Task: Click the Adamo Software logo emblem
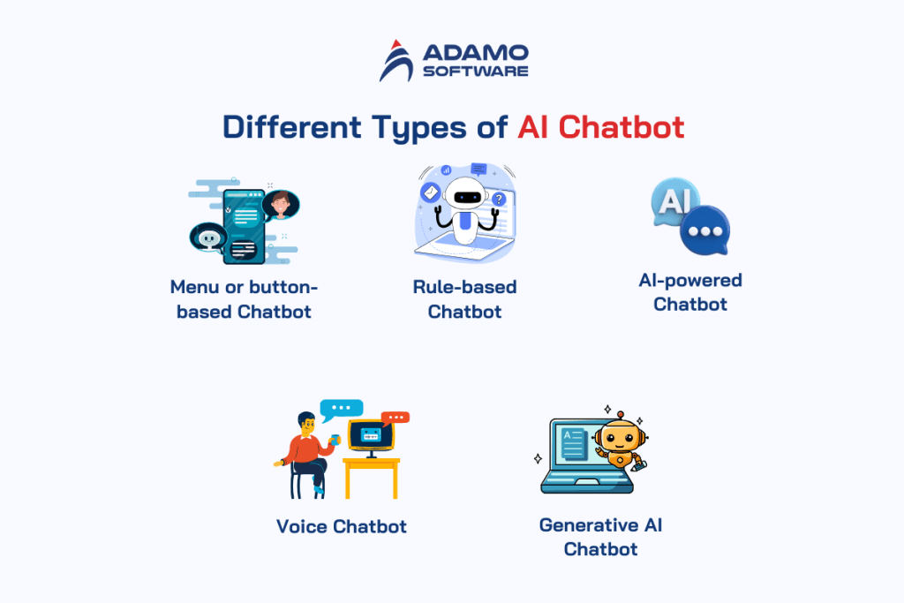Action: point(397,61)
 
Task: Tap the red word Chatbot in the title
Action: point(621,126)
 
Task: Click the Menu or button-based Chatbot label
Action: point(244,299)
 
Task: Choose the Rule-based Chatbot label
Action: point(464,299)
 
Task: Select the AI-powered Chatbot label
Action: point(690,292)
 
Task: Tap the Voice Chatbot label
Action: point(342,526)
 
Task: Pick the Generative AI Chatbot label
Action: point(600,537)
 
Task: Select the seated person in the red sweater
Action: point(306,448)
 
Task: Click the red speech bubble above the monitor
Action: point(395,418)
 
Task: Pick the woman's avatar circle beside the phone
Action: point(281,205)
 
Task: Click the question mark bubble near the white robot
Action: point(499,200)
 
